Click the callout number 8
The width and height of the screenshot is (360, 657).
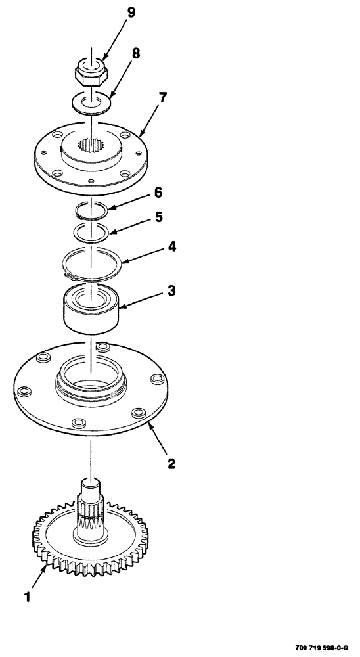[136, 54]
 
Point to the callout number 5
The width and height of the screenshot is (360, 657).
[158, 217]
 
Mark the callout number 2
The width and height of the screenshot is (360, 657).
[170, 463]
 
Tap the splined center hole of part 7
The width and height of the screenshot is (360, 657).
[89, 144]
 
